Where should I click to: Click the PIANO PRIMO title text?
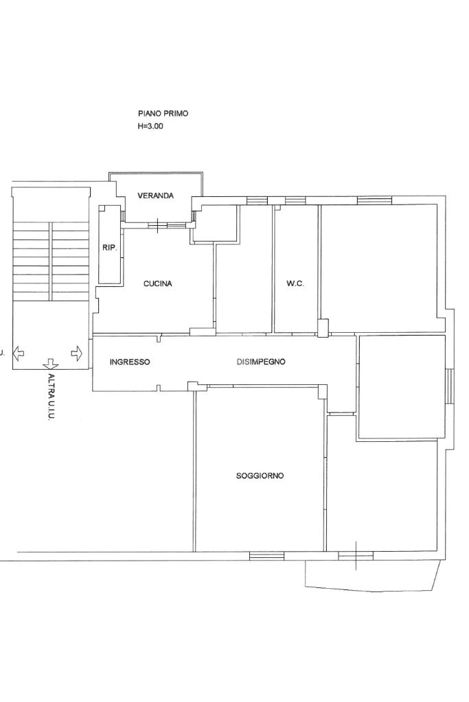tap(163, 114)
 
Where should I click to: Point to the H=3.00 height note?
tap(150, 126)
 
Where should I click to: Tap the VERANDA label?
tap(155, 196)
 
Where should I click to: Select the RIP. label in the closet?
tap(110, 248)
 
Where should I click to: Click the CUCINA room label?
tap(158, 283)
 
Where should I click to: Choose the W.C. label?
tap(295, 283)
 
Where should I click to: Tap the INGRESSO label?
tap(130, 362)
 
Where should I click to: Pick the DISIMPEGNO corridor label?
tap(261, 362)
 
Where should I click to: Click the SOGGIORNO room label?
tap(260, 476)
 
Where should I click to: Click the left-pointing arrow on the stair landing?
tap(19, 353)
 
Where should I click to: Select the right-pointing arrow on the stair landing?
tap(77, 353)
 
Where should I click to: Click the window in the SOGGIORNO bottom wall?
tap(266, 556)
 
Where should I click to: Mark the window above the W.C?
tap(295, 200)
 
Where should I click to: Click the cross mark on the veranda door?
tap(158, 226)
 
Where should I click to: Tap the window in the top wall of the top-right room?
tap(374, 200)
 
